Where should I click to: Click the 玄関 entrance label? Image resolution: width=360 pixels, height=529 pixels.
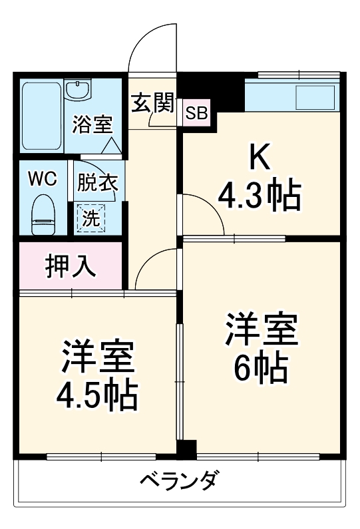[x=152, y=104]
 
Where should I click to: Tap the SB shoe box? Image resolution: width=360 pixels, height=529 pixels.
[x=196, y=113]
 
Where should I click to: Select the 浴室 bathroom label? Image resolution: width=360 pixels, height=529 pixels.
[x=92, y=124]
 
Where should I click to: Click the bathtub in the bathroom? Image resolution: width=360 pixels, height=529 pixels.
[x=41, y=116]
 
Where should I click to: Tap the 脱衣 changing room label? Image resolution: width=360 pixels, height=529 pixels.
[x=96, y=183]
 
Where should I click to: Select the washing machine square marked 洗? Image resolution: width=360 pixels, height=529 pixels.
[x=92, y=217]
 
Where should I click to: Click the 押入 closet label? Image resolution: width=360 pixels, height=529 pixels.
[x=70, y=265]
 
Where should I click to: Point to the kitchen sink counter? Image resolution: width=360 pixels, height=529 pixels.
[x=293, y=96]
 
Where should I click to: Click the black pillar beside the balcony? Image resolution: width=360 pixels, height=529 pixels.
[x=187, y=450]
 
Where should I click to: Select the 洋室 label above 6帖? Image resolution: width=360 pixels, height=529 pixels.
[x=260, y=329]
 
